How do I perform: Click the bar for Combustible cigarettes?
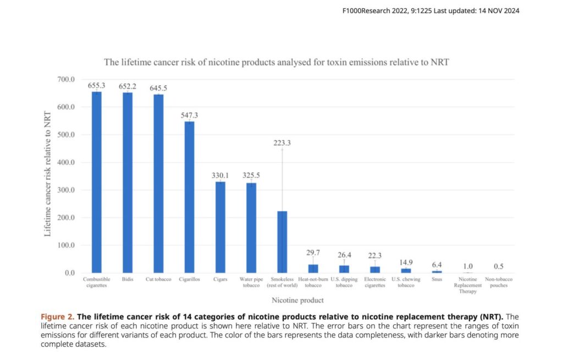pyautogui.click(x=96, y=182)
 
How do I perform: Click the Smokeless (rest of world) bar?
pyautogui.click(x=282, y=242)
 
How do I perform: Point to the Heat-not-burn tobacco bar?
pyautogui.click(x=313, y=269)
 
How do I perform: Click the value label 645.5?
pyautogui.click(x=158, y=88)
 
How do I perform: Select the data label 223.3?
pyautogui.click(x=282, y=143)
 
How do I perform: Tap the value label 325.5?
pyautogui.click(x=251, y=175)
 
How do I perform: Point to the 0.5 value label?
pyautogui.click(x=499, y=267)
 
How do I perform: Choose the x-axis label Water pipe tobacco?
pyautogui.click(x=251, y=283)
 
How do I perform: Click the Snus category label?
pyautogui.click(x=437, y=280)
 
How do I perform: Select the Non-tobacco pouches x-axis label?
pyautogui.click(x=499, y=283)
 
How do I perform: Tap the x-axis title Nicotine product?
pyautogui.click(x=297, y=300)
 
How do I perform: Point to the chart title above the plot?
pyautogui.click(x=277, y=62)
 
